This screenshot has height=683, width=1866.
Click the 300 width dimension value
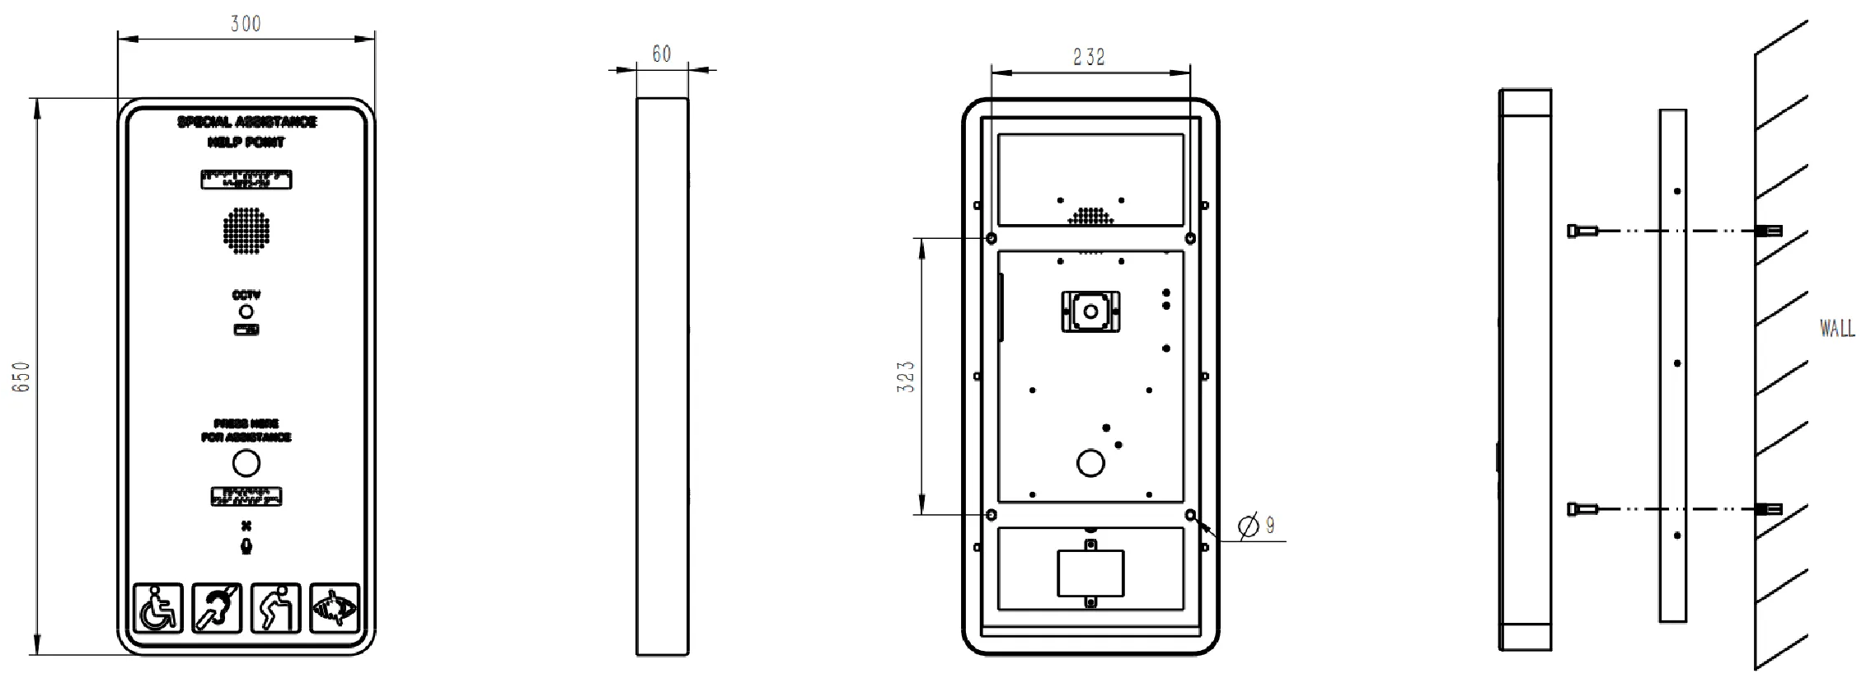246,23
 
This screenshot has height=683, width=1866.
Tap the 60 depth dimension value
661,54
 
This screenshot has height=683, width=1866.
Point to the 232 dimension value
1089,57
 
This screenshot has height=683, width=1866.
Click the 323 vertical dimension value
906,377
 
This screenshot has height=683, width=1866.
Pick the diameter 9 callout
1258,524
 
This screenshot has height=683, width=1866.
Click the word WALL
1837,329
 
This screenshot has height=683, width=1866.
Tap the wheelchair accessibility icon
158,608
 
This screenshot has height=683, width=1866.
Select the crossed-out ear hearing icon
217,608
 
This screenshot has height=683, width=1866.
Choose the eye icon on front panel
335,608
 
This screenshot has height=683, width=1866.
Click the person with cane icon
276,608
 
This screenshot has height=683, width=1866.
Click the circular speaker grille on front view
246,230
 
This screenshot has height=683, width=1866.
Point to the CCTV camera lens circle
246,311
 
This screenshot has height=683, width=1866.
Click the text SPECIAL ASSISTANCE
246,122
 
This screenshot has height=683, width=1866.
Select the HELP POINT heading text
246,143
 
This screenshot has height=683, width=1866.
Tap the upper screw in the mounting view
1582,232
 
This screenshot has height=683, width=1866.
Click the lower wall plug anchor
1769,509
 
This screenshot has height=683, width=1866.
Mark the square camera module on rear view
1090,312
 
